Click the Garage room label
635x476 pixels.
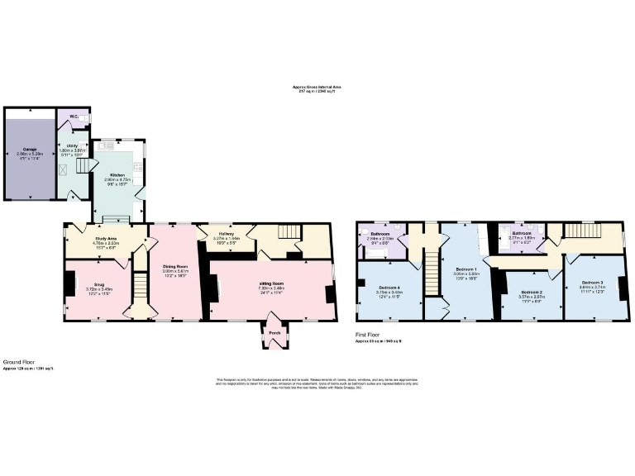[30, 150]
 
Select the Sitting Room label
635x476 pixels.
[270, 283]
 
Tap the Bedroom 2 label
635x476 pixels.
[530, 293]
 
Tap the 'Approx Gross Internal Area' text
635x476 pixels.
[317, 87]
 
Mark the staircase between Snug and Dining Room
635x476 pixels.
[138, 294]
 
